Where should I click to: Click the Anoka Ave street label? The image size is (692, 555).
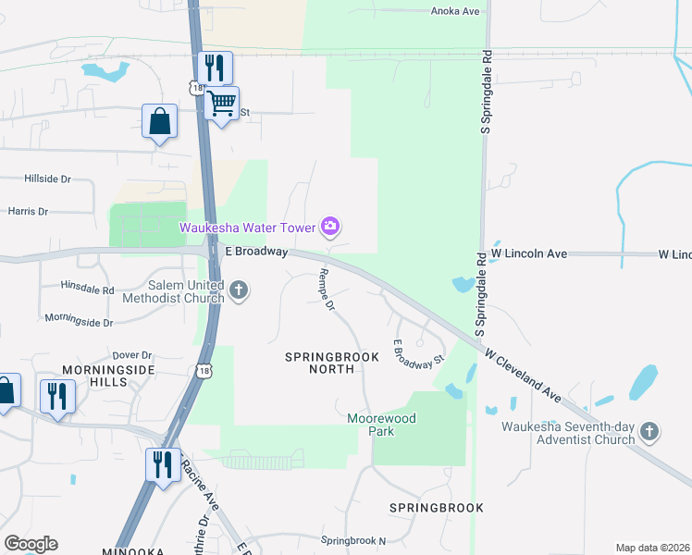(457, 11)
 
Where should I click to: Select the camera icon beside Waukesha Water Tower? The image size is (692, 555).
(330, 226)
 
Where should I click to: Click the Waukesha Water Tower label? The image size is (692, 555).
(248, 227)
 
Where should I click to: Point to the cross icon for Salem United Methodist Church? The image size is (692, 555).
(239, 290)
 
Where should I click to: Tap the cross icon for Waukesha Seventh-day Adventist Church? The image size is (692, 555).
(650, 431)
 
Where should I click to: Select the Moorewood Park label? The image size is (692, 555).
(382, 425)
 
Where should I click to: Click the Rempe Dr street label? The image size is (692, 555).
(325, 290)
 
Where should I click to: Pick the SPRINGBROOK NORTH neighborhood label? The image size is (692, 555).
(319, 362)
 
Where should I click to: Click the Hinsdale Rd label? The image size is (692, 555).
(87, 290)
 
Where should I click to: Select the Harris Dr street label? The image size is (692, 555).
(28, 212)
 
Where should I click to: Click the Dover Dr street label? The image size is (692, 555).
(131, 355)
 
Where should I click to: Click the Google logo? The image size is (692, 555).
(31, 544)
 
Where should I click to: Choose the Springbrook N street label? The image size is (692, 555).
(352, 540)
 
